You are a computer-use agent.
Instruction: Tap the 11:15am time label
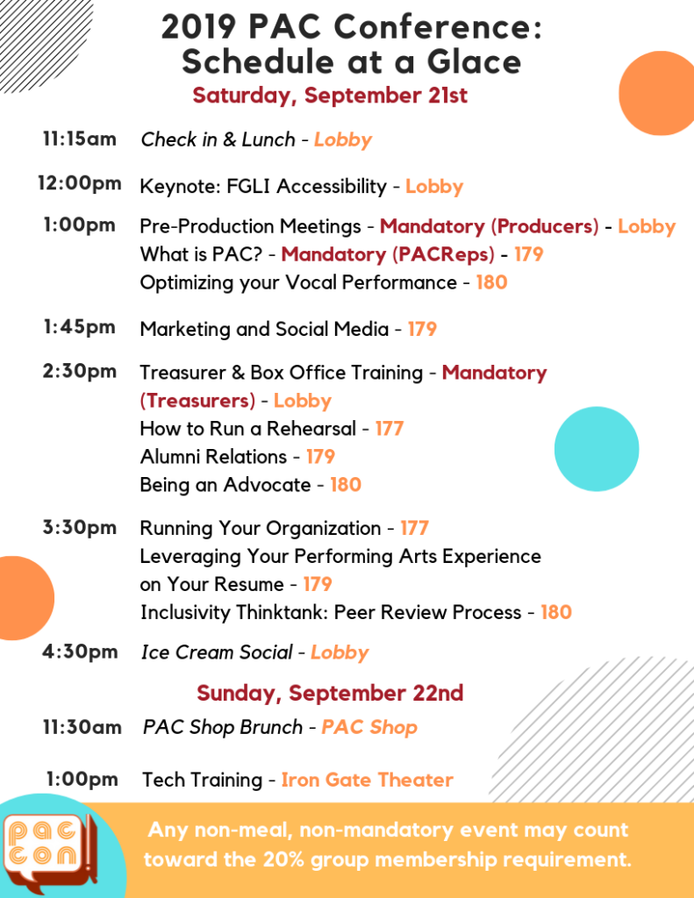pyautogui.click(x=80, y=139)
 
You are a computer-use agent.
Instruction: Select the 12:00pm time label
pyautogui.click(x=80, y=182)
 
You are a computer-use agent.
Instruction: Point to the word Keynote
pyautogui.click(x=177, y=186)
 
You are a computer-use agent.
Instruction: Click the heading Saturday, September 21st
pyautogui.click(x=330, y=96)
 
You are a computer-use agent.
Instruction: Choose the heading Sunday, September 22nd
pyautogui.click(x=330, y=693)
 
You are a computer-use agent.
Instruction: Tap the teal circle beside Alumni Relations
pyautogui.click(x=597, y=449)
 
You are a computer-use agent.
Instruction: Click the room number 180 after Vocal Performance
pyautogui.click(x=491, y=282)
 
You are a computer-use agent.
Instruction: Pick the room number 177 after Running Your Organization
pyautogui.click(x=414, y=528)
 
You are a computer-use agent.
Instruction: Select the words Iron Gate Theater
pyautogui.click(x=368, y=780)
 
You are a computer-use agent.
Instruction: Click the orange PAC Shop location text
pyautogui.click(x=369, y=727)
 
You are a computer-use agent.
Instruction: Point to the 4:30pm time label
pyautogui.click(x=80, y=652)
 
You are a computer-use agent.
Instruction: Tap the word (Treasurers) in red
pyautogui.click(x=197, y=401)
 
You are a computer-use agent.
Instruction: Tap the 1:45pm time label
pyautogui.click(x=80, y=326)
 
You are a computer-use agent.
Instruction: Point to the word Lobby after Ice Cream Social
pyautogui.click(x=340, y=652)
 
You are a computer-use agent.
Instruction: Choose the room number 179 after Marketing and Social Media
pyautogui.click(x=422, y=330)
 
